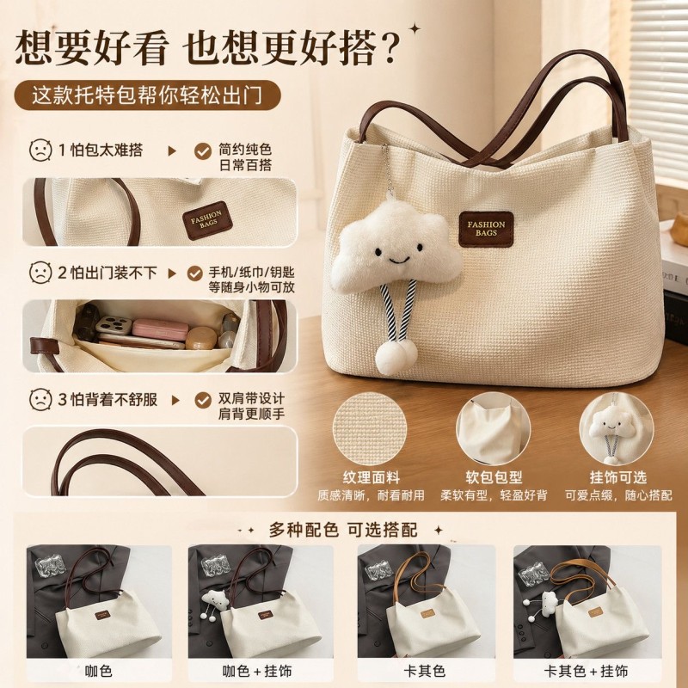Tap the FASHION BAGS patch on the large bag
[x=486, y=229]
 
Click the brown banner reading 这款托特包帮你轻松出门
[x=147, y=95]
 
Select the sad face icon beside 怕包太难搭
[x=40, y=150]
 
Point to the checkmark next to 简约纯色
[x=203, y=151]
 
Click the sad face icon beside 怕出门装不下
[x=40, y=273]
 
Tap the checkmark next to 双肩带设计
[x=203, y=400]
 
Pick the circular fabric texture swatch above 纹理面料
[x=370, y=428]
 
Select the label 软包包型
[x=494, y=477]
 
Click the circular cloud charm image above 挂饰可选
[x=617, y=428]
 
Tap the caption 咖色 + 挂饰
[x=257, y=671]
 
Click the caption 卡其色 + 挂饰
[x=586, y=671]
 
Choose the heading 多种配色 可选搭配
[x=343, y=530]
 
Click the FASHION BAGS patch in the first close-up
[x=207, y=220]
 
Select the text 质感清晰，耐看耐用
[x=371, y=495]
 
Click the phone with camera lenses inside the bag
[x=114, y=325]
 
